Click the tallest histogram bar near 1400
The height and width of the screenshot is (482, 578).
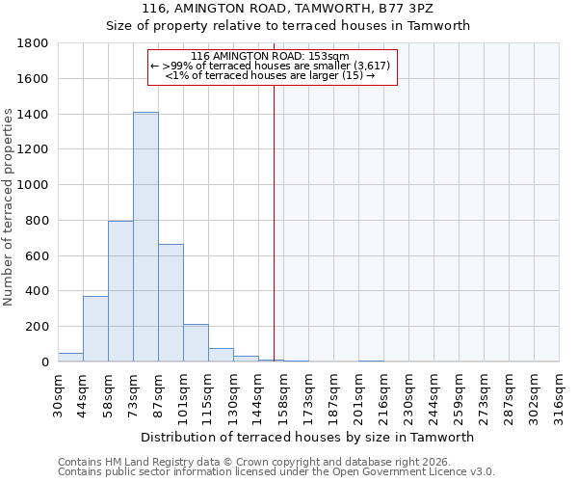click(x=145, y=236)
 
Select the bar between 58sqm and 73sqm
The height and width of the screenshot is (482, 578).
click(x=120, y=291)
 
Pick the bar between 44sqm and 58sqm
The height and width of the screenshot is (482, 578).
click(x=95, y=329)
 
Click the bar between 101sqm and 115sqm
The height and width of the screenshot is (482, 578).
click(x=196, y=342)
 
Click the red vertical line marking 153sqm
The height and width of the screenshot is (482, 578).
click(x=274, y=222)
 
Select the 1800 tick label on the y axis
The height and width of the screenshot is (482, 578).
click(x=34, y=43)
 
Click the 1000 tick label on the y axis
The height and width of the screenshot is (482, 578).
click(x=34, y=185)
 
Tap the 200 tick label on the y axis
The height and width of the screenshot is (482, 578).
click(x=38, y=327)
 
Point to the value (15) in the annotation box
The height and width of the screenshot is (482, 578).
click(x=352, y=75)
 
